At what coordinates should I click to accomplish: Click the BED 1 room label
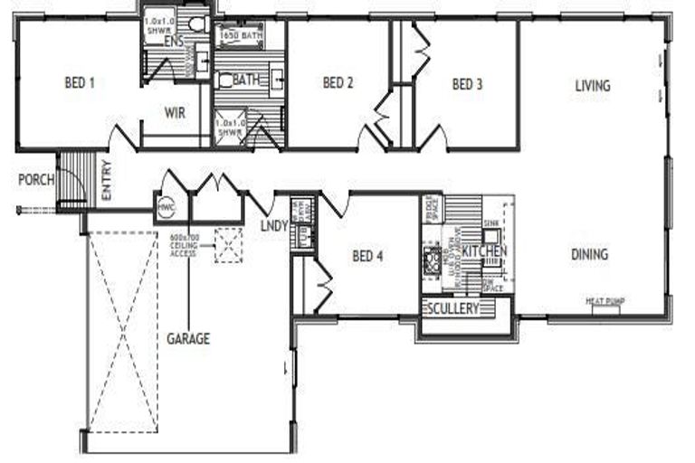click(x=80, y=83)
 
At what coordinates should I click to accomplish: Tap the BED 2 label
click(x=337, y=83)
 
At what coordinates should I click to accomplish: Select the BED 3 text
click(x=467, y=85)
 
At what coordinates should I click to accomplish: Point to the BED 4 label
click(x=367, y=256)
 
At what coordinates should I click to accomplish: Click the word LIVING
click(x=593, y=86)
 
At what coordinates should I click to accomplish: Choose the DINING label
click(x=589, y=254)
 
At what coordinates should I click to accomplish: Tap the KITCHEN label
click(x=485, y=250)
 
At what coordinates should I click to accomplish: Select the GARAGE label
click(x=188, y=339)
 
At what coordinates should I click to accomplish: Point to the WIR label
click(x=175, y=113)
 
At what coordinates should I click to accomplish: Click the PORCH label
click(x=35, y=180)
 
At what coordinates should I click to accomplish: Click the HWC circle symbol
click(x=166, y=207)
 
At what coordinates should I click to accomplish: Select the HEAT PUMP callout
click(x=605, y=301)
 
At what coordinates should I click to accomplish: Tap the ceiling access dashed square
click(x=228, y=244)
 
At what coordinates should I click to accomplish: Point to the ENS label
click(x=174, y=42)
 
